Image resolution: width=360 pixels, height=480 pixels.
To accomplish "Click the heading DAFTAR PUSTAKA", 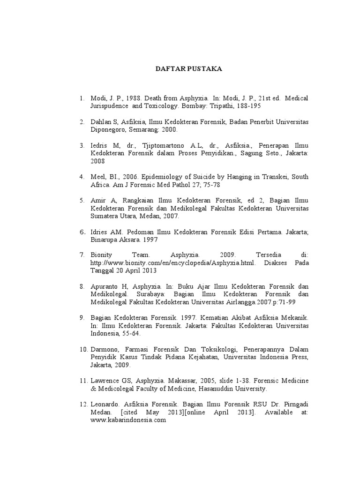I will pyautogui.click(x=188, y=69).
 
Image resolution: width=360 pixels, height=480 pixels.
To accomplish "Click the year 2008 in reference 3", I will pyautogui.click(x=98, y=161).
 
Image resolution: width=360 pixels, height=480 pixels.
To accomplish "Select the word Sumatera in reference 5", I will pyautogui.click(x=105, y=217).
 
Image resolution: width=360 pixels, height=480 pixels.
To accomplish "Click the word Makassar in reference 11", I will pyautogui.click(x=186, y=381).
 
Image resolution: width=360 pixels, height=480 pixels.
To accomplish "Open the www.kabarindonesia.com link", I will pyautogui.click(x=128, y=420).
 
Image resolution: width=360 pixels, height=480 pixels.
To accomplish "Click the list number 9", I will pyautogui.click(x=82, y=318).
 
